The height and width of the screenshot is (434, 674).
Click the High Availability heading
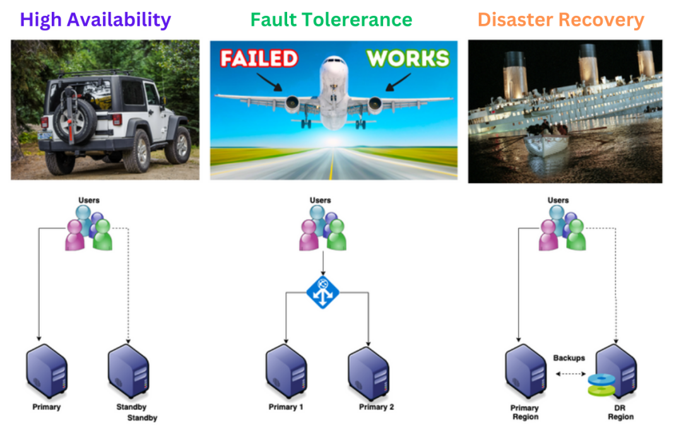(x=95, y=20)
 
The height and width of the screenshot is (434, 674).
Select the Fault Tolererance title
(x=331, y=20)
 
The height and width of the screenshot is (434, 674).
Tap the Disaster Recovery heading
(x=560, y=20)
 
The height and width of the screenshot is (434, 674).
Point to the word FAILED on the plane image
(x=259, y=59)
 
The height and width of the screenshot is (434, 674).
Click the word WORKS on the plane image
(x=408, y=59)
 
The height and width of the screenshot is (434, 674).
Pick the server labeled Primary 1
(x=286, y=372)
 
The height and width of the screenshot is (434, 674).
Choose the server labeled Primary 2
(x=368, y=372)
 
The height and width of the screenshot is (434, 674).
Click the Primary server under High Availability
(x=47, y=372)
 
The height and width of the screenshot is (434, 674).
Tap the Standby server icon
(x=128, y=372)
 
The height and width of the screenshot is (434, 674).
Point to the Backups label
(x=569, y=358)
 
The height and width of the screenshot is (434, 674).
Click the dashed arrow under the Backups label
(x=569, y=373)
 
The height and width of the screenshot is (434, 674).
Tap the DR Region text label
(x=620, y=412)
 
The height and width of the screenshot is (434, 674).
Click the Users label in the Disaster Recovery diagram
(x=558, y=201)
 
